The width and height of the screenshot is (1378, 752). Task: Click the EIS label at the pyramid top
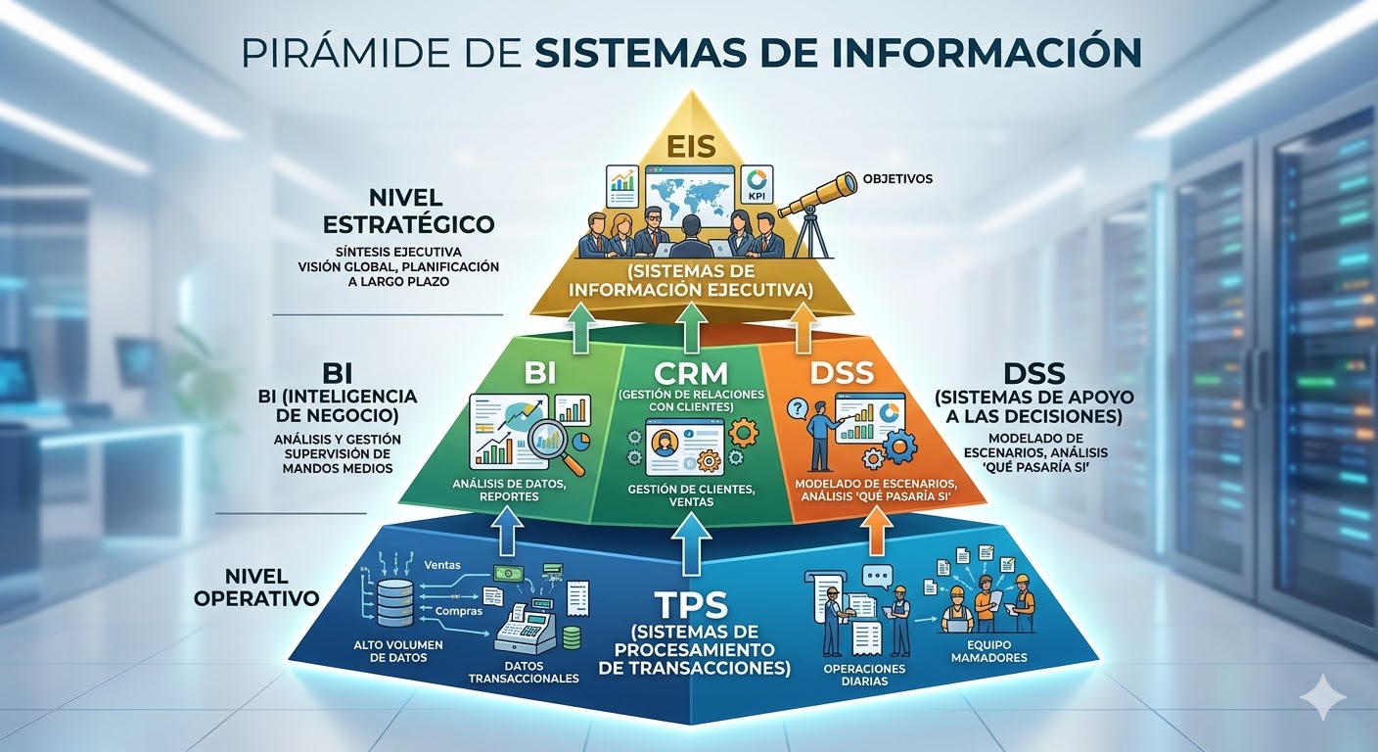pos(691,147)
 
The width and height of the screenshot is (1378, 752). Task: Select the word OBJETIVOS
pos(897,180)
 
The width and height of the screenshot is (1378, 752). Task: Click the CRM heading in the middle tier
pos(691,374)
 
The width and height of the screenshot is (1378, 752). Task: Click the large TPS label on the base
pos(690,600)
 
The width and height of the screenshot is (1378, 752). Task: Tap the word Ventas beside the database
pos(442,565)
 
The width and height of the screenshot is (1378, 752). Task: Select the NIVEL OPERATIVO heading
pos(256,585)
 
